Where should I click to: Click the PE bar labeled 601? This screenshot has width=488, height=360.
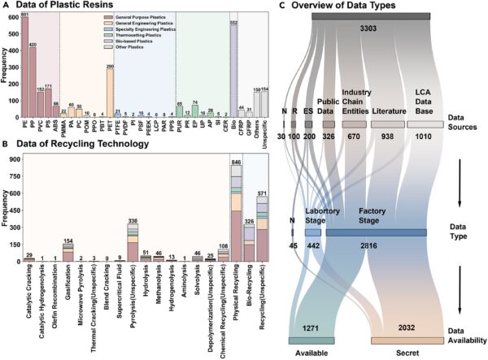[x=24, y=69]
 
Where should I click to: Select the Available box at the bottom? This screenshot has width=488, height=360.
[x=311, y=341]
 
